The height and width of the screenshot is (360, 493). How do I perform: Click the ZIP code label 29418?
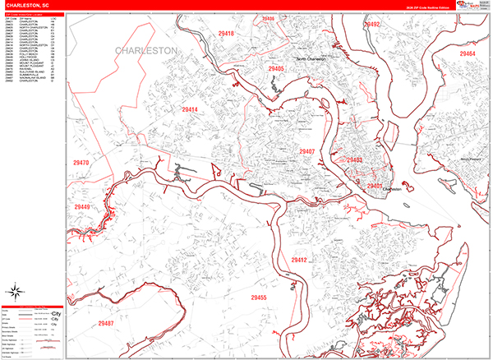[x=226, y=34]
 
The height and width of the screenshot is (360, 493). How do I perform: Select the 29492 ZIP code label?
[x=373, y=25]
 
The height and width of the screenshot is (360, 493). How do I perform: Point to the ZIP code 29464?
[x=468, y=53]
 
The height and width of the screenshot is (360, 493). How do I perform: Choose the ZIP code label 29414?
[x=190, y=109]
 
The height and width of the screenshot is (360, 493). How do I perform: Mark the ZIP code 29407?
[x=307, y=152]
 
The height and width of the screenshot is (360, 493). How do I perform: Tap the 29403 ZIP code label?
[x=355, y=160]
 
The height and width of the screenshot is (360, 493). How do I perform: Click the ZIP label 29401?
[x=375, y=187]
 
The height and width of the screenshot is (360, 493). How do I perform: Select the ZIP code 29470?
[x=81, y=163]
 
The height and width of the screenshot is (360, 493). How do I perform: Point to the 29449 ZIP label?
[x=82, y=207]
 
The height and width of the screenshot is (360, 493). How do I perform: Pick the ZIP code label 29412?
[x=298, y=260]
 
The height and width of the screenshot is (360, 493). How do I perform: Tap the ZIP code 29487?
[x=104, y=323]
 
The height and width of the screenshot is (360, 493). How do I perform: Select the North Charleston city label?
[x=311, y=60]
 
